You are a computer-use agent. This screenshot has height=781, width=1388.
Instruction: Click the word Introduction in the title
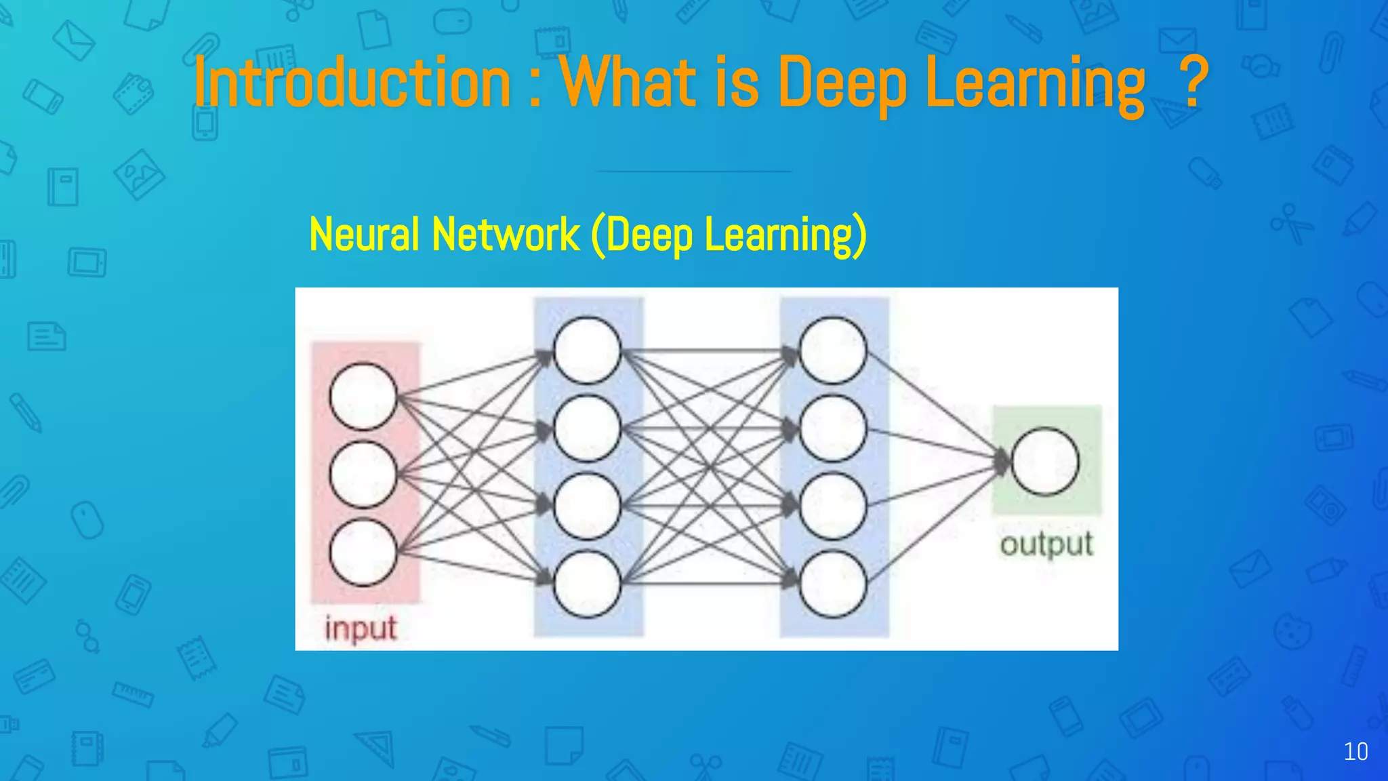point(352,83)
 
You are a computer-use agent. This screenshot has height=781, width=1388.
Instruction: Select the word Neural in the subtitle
point(364,235)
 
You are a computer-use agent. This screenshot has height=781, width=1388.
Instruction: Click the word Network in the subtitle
point(506,235)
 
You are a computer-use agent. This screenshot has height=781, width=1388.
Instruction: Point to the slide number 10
point(1355,752)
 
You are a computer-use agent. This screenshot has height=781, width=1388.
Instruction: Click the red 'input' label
point(361,628)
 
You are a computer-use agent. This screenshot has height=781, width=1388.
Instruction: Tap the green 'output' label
point(1046,544)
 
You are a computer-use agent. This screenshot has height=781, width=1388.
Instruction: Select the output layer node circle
point(1045,462)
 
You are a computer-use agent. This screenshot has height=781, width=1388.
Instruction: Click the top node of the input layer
point(363,397)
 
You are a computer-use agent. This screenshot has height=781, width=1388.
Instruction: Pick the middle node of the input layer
point(363,474)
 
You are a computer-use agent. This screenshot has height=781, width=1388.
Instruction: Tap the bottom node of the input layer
point(363,552)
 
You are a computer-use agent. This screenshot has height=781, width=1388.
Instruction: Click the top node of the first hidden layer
point(587,351)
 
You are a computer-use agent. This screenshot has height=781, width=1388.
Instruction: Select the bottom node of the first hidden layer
point(587,584)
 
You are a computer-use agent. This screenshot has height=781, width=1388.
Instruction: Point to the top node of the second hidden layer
point(833,351)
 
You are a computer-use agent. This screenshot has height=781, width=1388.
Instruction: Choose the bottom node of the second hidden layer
point(833,584)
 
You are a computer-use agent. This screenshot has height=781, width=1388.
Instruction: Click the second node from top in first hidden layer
point(587,428)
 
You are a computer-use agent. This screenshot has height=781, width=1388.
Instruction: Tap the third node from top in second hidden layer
point(833,506)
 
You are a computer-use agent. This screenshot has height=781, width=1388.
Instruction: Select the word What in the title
point(628,83)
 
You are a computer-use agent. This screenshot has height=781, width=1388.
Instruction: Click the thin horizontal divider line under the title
point(693,172)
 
